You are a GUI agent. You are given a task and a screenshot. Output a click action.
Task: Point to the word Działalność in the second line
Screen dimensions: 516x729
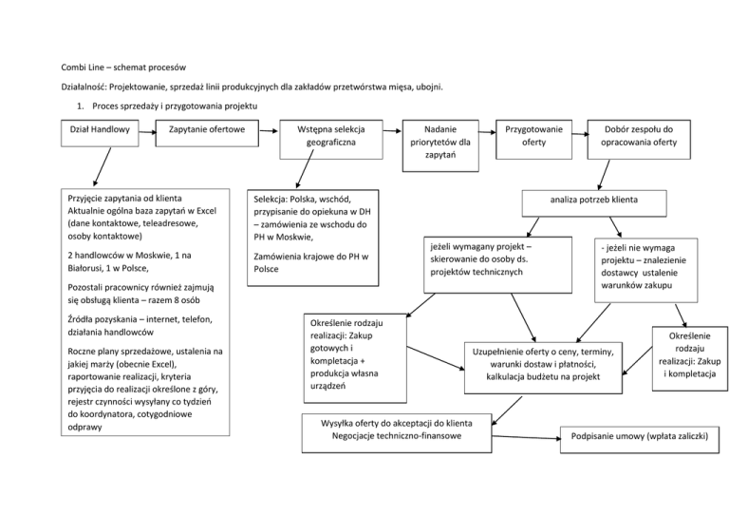[86, 86]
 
